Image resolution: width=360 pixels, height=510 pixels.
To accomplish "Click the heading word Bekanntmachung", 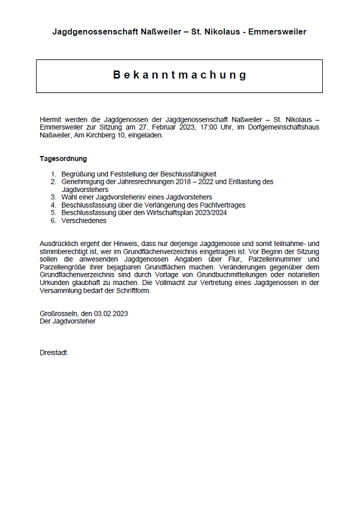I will (x=179, y=75).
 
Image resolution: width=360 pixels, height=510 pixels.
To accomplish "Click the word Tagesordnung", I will (x=63, y=159).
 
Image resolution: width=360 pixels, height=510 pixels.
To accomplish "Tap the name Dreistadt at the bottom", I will (x=53, y=352).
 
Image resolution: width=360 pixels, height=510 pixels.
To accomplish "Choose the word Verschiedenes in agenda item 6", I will (x=83, y=220).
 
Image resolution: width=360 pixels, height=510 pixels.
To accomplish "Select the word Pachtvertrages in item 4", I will (x=221, y=205).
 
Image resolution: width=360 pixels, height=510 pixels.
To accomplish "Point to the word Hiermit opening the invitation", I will (x=50, y=119).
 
